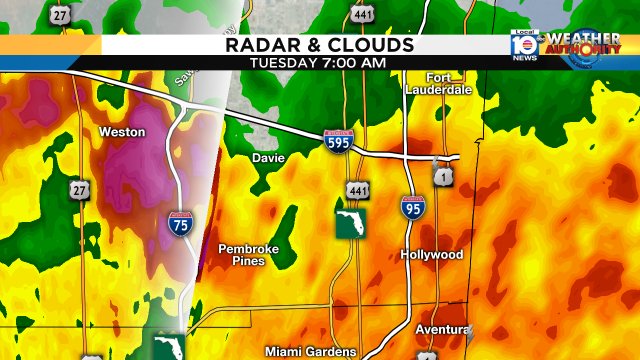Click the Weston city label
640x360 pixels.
(x=122, y=132)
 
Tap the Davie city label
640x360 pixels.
(x=268, y=158)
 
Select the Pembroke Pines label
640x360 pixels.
(x=248, y=254)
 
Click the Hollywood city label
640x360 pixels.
(x=432, y=255)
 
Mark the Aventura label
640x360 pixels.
(x=441, y=330)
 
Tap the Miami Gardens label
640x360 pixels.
(x=310, y=351)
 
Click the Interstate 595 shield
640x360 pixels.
(x=336, y=142)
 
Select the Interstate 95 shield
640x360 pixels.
(x=412, y=208)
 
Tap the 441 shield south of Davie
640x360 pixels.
(x=356, y=190)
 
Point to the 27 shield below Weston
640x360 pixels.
(x=79, y=189)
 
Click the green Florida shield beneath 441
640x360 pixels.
(x=348, y=224)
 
